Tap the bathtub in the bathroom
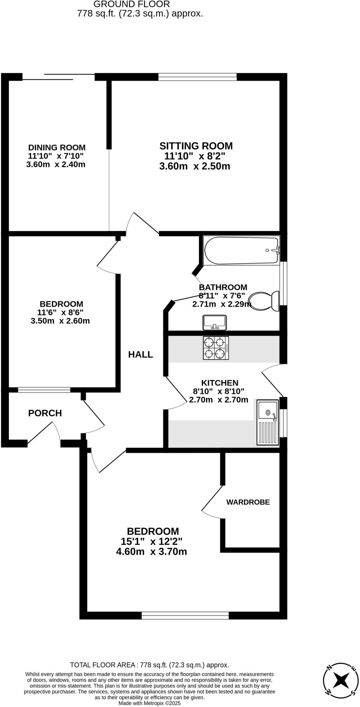coord(241,251)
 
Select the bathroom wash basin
coord(215,322)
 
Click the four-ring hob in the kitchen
coord(216,348)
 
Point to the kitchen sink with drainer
coord(267,423)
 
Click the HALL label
coord(140,355)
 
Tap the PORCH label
coord(45,413)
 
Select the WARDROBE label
coord(248,502)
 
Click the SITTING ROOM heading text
coord(196,146)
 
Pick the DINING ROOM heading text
coord(57,147)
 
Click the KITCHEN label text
coord(220,383)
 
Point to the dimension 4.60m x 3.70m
coord(152,552)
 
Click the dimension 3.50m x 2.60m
coord(60,321)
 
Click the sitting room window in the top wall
coord(197,77)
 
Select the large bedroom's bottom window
coord(185,615)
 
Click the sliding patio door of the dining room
coord(59,77)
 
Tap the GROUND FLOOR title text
coord(132,4)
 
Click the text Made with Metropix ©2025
coord(149,703)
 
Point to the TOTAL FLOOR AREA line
coord(149,665)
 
